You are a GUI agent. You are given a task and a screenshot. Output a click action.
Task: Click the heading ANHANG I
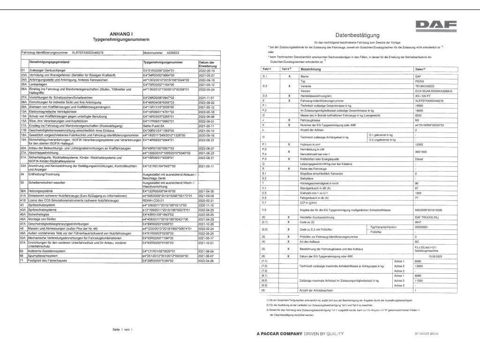pos(121,34)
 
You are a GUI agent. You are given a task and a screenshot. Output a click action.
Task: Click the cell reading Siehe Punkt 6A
pos(154,126)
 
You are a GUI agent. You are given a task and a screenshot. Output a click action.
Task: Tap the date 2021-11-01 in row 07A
pos(206,97)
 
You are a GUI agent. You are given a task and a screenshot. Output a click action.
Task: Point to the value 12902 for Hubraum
pos(419,144)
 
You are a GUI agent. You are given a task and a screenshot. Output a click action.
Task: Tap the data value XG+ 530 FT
pos(422,95)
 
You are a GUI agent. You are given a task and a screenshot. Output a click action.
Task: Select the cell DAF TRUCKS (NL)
pos(427,217)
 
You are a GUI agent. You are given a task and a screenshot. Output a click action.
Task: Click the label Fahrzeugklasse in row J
pos(311,120)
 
